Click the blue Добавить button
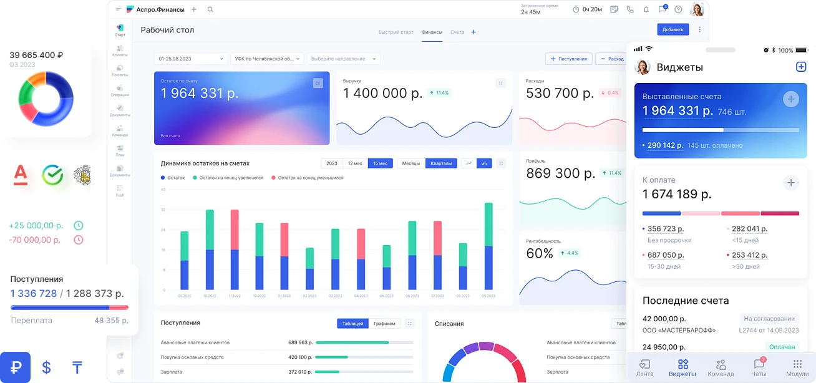pos(673,29)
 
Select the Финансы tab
pos(432,32)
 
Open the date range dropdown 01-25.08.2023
pos(190,59)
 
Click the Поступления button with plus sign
pos(568,59)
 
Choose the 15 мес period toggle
pos(380,163)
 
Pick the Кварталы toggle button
pos(441,163)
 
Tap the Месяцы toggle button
pos(410,163)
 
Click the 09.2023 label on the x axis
pos(488,296)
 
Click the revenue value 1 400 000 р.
pos(382,94)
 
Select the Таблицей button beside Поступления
pos(352,324)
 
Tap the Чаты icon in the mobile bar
pos(759,367)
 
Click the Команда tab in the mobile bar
pos(721,367)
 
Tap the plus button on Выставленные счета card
pos(790,99)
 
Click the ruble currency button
pos(15,367)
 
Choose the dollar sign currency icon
pos(46,367)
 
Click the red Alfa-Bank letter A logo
pos(21,175)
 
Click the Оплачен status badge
pos(782,347)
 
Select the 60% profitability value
pos(540,253)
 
